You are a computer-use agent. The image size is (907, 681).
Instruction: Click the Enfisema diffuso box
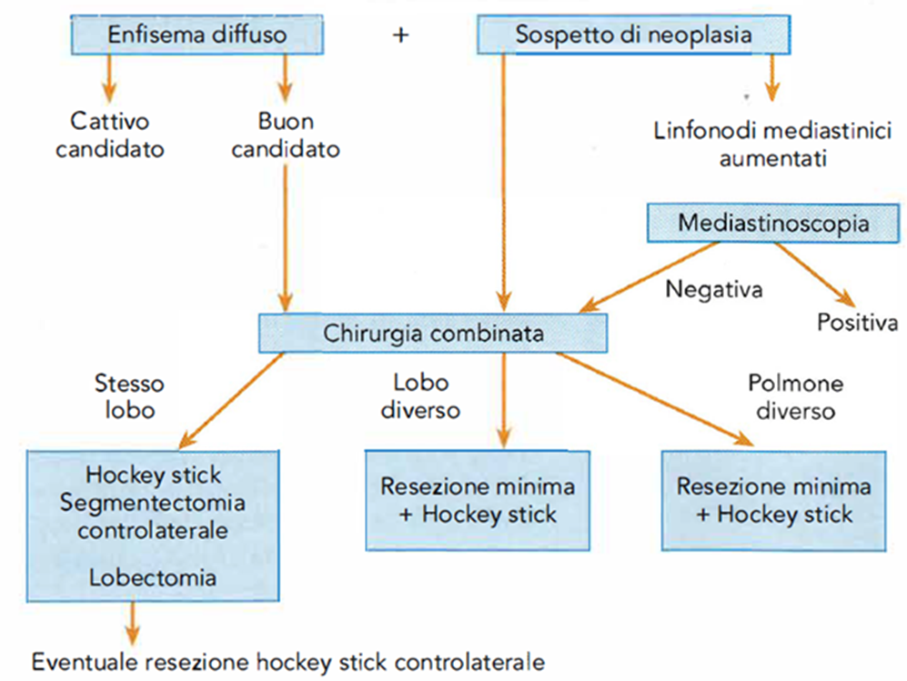pos(197,35)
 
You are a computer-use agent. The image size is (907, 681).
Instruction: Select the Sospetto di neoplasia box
pos(633,35)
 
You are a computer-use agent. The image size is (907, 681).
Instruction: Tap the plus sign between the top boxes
pos(400,35)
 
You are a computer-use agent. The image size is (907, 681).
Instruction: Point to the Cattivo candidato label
pos(110,135)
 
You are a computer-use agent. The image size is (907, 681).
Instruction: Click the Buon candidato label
pos(285,135)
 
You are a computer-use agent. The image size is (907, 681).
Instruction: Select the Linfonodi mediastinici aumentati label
pos(772,145)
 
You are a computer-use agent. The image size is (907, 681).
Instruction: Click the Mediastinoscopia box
pos(772,223)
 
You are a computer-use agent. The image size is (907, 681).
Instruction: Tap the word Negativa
pos(714,289)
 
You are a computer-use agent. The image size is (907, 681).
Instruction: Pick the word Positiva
pos(857,322)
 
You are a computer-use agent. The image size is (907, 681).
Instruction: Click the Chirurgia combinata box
pos(433,334)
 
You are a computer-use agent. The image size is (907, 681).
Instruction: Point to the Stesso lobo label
pos(129,396)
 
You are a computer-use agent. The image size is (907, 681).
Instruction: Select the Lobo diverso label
pos(420,396)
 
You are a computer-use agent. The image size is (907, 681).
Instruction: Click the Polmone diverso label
pos(795,397)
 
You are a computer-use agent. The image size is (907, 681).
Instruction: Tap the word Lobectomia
pos(153,577)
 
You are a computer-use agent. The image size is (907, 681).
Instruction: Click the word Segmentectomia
pos(153,503)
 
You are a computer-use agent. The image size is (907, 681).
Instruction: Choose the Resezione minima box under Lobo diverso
pos(478,501)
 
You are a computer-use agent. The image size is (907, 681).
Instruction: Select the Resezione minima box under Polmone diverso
pos(774,501)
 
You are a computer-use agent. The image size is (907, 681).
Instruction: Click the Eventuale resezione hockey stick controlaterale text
pos(288,662)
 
